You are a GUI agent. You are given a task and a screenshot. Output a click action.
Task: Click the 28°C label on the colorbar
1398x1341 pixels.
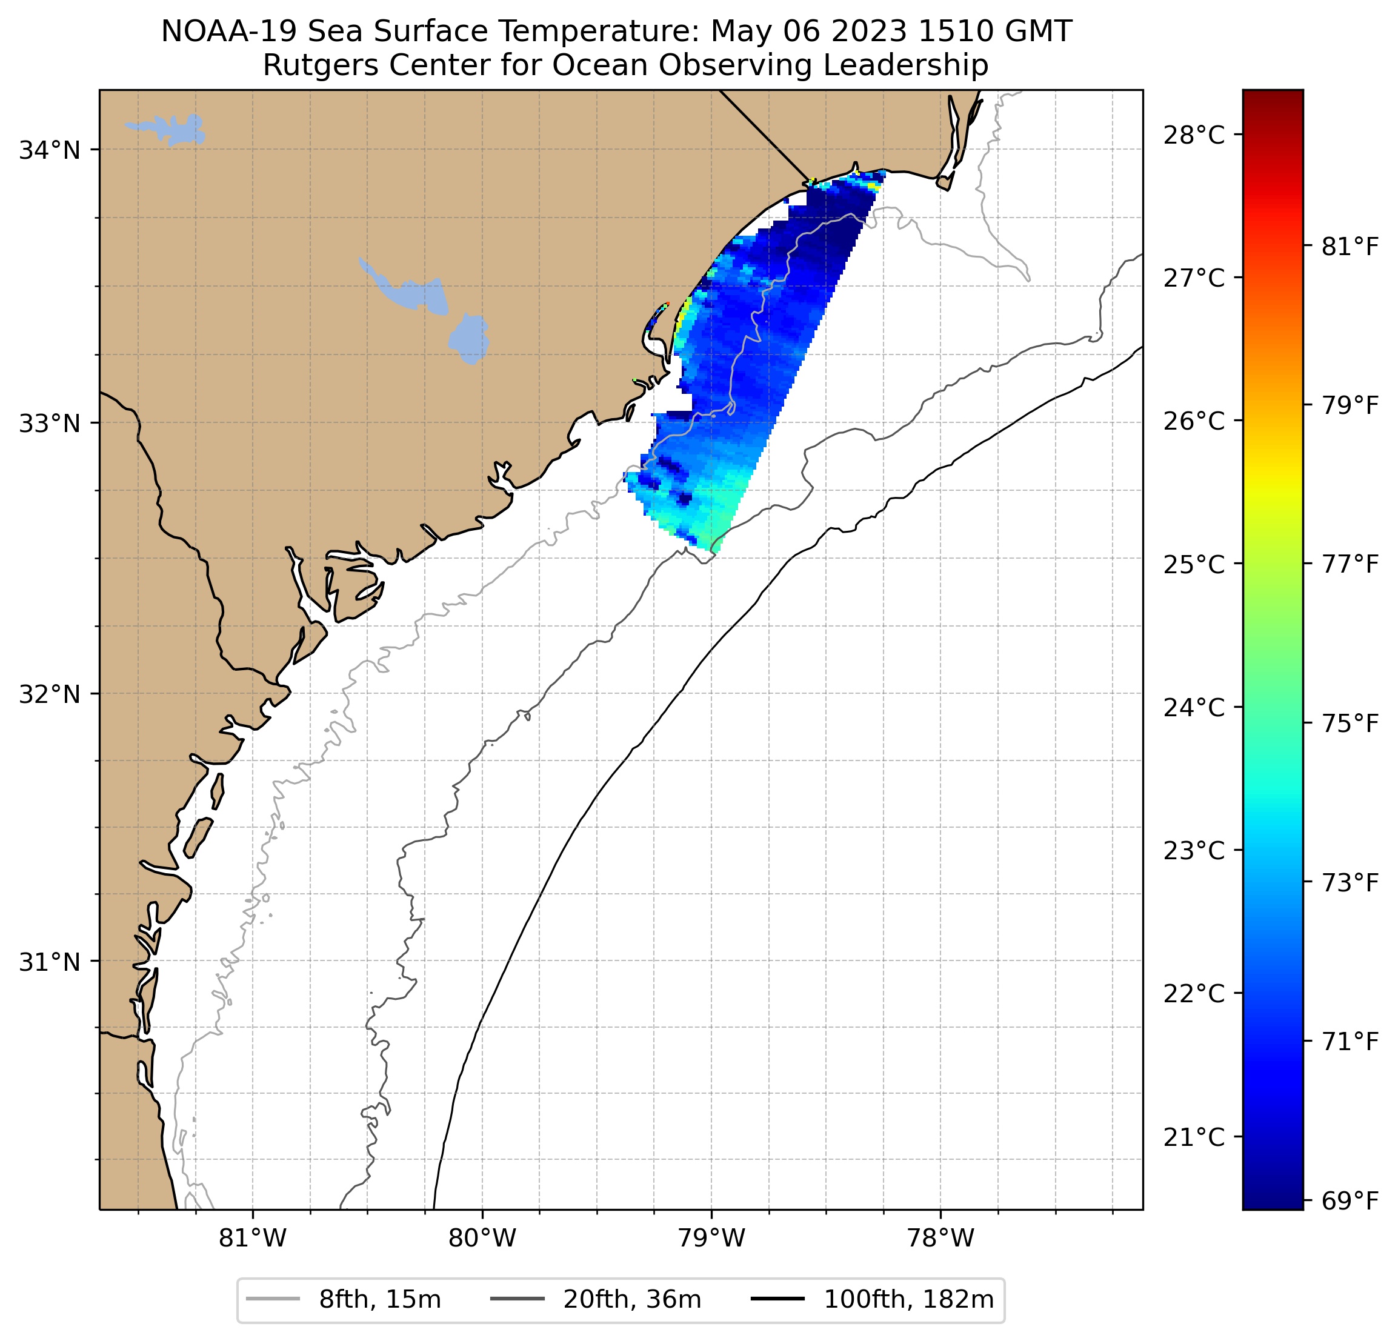1194,134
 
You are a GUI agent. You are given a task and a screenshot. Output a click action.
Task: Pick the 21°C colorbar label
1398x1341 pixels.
1194,1137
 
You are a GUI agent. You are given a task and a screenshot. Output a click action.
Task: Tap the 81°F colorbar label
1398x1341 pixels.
1350,247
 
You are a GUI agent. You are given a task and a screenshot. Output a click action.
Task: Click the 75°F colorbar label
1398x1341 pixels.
1350,724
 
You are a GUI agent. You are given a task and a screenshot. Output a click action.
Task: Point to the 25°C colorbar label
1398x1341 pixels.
1194,564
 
